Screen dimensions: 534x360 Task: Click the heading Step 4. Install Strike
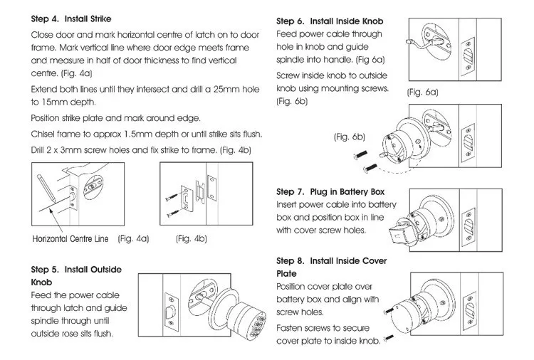(x=70, y=19)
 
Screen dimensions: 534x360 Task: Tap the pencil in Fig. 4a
(x=46, y=188)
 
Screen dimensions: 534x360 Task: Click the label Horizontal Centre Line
(x=70, y=239)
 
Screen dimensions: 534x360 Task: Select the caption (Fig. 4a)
(x=134, y=239)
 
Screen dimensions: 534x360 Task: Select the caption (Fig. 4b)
(x=192, y=239)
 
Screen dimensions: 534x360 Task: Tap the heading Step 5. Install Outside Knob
(x=76, y=276)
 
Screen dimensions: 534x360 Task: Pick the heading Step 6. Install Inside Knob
(x=330, y=21)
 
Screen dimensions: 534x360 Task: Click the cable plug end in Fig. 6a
(x=409, y=43)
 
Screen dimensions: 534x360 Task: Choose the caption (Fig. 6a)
(x=423, y=92)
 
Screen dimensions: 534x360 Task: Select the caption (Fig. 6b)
(x=350, y=137)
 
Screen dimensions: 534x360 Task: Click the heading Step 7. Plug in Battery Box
(x=330, y=192)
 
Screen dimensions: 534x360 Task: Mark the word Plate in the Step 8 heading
(x=286, y=274)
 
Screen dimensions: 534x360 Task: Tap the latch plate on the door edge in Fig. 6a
(x=468, y=56)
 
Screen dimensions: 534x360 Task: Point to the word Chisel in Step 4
(x=43, y=134)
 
